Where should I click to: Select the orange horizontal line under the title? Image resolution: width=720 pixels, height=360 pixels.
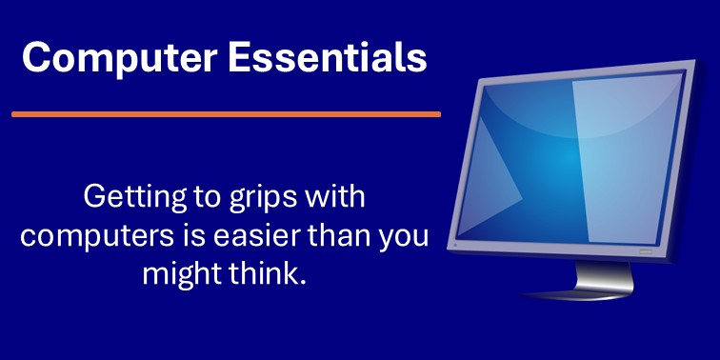pos(226,113)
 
